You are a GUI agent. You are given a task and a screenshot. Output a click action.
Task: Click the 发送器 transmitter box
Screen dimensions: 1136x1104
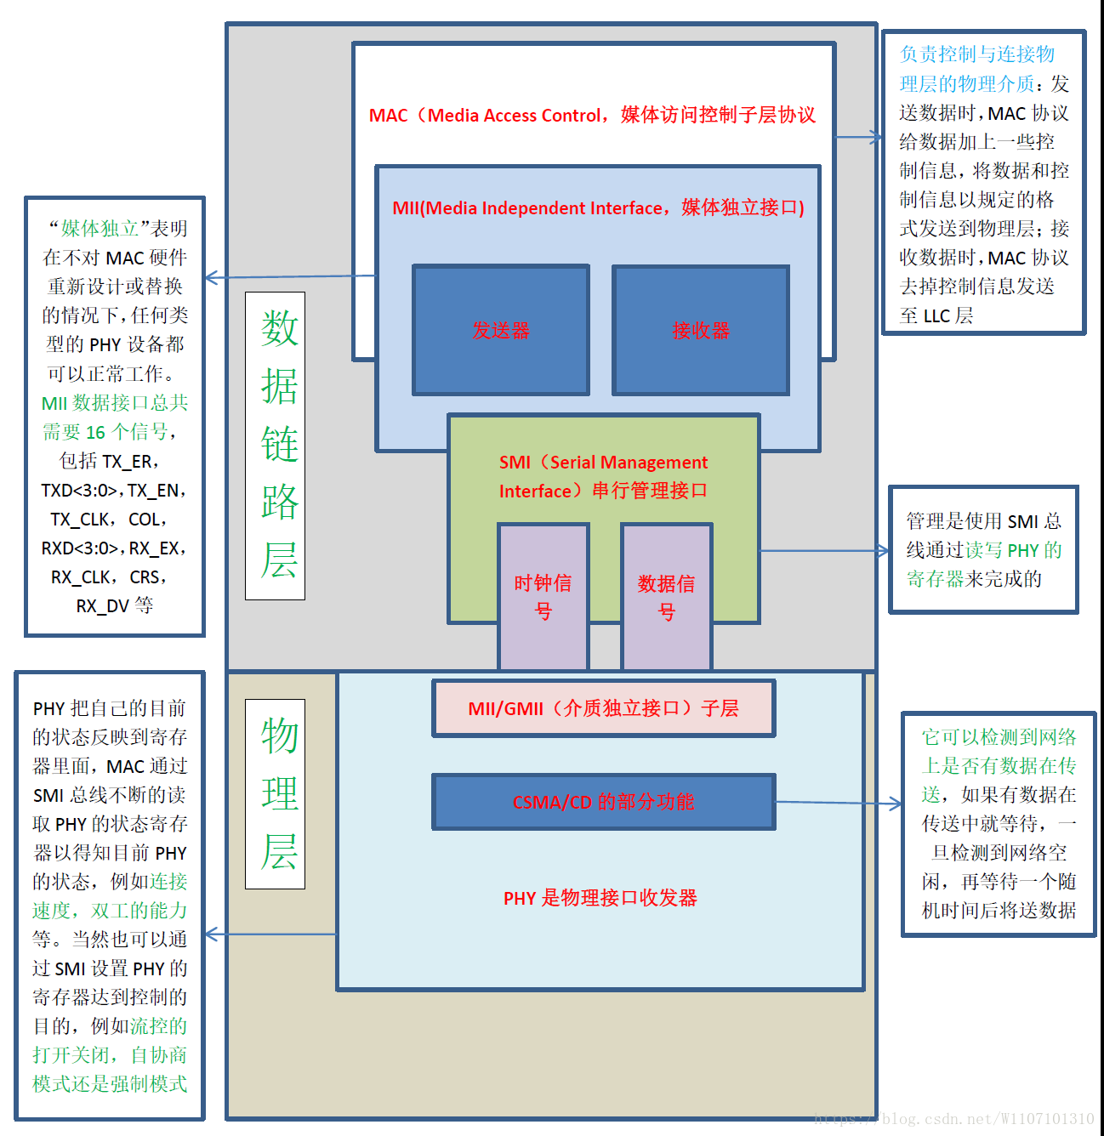[500, 330]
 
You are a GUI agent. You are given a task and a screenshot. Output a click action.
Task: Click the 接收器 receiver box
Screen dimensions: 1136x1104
[700, 330]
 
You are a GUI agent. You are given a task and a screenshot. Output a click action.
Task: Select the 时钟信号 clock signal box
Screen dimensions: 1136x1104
[543, 596]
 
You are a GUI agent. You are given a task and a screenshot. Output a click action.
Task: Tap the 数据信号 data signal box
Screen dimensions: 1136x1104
[666, 596]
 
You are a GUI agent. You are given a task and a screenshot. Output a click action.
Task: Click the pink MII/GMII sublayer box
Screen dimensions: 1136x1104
[603, 708]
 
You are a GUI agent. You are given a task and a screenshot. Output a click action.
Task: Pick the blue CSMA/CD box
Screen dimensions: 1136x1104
[603, 802]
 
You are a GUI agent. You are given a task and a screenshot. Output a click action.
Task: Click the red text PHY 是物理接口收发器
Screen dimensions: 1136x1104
[600, 898]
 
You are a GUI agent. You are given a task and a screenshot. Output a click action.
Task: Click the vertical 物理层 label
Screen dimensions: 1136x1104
[276, 793]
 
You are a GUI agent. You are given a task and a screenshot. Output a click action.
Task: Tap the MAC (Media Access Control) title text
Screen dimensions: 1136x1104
[592, 116]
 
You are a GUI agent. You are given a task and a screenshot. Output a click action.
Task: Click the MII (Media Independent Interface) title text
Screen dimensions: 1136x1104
[598, 208]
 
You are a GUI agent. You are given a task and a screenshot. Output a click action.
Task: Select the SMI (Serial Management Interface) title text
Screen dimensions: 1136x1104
[603, 476]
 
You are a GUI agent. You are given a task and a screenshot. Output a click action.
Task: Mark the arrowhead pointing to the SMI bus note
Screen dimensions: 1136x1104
[884, 551]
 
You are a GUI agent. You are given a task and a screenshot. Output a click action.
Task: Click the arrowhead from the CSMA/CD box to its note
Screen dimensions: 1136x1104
[896, 804]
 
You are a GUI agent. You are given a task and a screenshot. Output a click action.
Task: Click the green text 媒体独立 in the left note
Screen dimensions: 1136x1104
[100, 229]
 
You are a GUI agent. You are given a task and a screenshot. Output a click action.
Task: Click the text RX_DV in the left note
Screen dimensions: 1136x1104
[102, 606]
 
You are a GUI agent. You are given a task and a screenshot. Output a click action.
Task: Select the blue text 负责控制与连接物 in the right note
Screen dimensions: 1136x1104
[976, 54]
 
